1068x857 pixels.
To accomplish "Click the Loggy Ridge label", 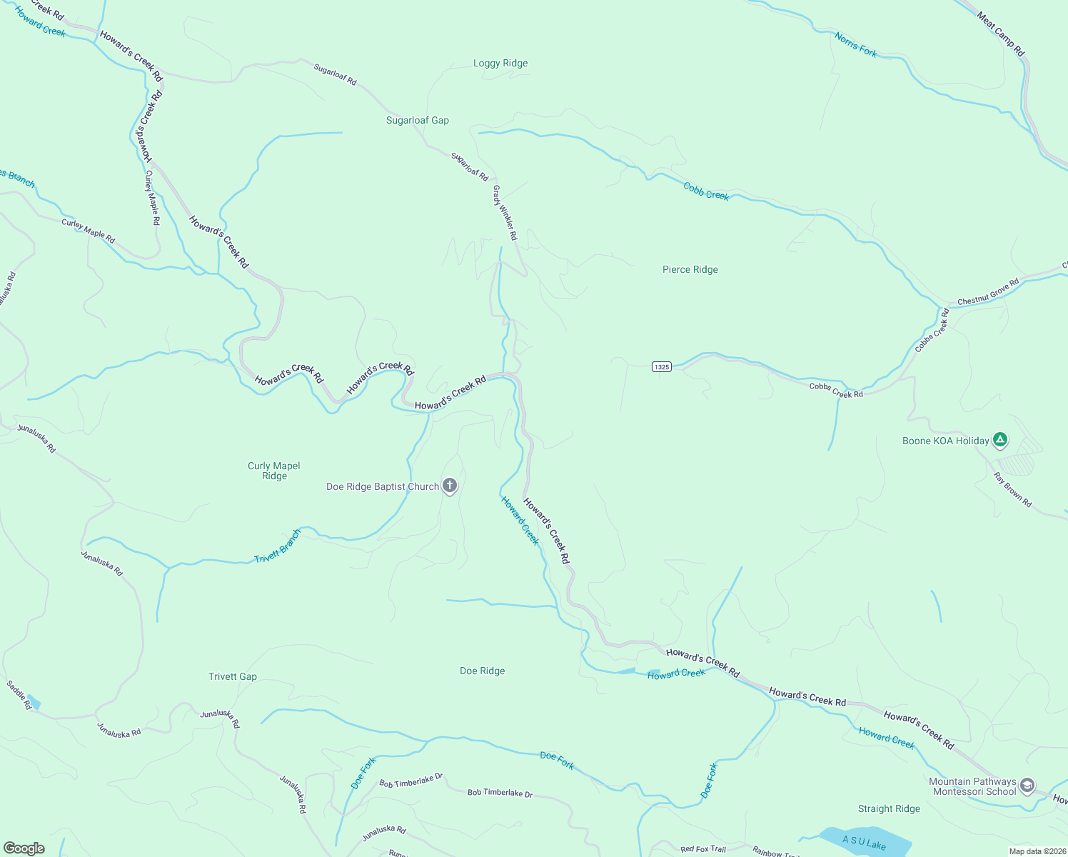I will pos(500,64).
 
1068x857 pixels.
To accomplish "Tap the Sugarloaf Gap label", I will pos(418,121).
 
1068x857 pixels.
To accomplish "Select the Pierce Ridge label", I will pos(690,270).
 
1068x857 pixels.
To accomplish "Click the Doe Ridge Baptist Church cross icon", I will pos(450,486).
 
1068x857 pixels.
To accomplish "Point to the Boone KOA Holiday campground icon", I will pos(1000,441).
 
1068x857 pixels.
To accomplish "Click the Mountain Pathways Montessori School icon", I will pos(1027,786).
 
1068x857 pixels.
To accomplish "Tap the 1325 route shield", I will pos(661,367).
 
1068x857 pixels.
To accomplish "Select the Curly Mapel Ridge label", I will pos(274,471).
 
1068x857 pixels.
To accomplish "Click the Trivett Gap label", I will pos(233,677).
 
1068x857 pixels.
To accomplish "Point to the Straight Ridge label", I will pos(889,809).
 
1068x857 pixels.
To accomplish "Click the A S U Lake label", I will pos(864,843).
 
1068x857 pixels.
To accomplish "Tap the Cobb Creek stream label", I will pos(706,191).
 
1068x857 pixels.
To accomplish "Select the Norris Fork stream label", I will pos(855,45).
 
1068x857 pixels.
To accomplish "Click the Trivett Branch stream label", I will pos(278,546).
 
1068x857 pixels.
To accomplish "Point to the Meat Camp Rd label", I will pos(1000,34).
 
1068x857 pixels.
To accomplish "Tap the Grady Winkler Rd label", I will pos(505,213).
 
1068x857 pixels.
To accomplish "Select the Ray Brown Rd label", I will pos(1013,490).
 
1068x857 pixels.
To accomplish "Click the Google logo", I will pos(24,848).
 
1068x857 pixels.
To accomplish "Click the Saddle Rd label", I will pos(19,695).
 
